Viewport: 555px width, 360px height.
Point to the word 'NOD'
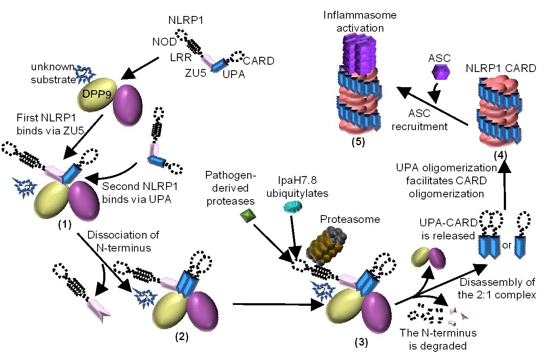click(164, 42)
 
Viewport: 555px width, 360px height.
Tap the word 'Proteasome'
click(350, 219)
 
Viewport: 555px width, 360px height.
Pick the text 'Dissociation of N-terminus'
click(123, 241)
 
